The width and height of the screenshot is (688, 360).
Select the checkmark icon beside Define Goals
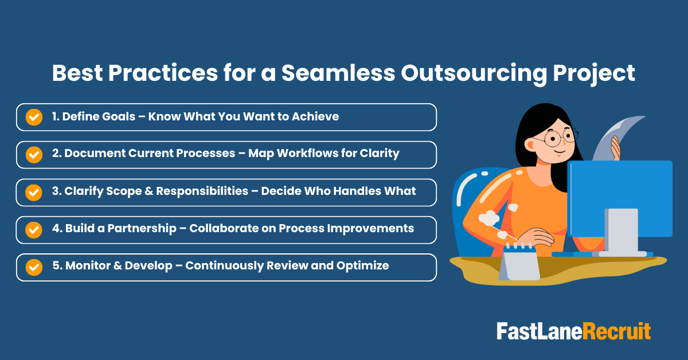(x=34, y=117)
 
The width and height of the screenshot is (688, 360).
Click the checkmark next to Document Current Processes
(x=34, y=155)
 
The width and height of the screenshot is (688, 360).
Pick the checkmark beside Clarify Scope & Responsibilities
(x=34, y=192)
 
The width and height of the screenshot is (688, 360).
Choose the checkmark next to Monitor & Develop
(x=34, y=267)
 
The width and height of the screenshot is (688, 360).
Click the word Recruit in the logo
(x=617, y=331)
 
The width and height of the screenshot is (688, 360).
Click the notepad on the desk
(x=521, y=264)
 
